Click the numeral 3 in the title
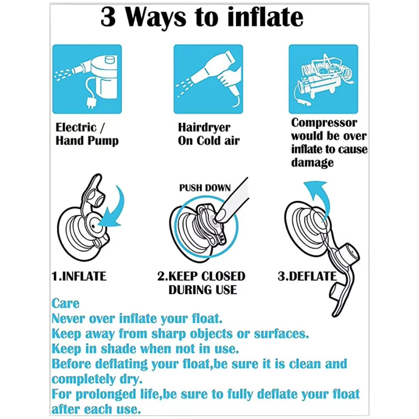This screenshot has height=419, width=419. tap(108, 17)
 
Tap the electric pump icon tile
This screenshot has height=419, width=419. tap(87, 79)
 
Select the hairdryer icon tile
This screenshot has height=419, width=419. tap(208, 79)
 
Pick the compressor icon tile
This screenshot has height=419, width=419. tap(323, 79)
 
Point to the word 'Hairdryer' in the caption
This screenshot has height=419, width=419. tap(204, 128)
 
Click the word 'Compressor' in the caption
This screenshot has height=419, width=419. tap(324, 123)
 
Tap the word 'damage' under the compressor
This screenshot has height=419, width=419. tap(312, 163)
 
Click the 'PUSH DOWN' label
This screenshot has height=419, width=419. tap(205, 188)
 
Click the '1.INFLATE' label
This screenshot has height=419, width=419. tap(79, 276)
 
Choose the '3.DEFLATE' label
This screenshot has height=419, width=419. tap(307, 276)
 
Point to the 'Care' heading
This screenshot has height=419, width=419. tap(65, 303)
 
